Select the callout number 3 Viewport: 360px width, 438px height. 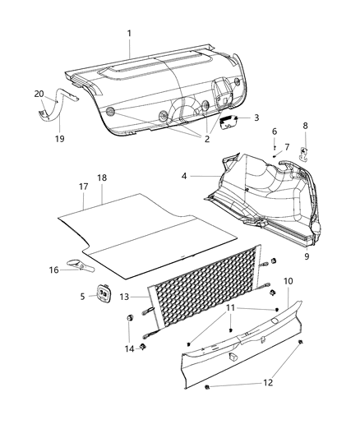256,118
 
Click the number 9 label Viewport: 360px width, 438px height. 307,256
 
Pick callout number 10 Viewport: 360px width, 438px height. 287,282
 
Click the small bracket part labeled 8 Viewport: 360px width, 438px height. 303,153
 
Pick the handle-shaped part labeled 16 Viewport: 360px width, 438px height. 81,266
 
